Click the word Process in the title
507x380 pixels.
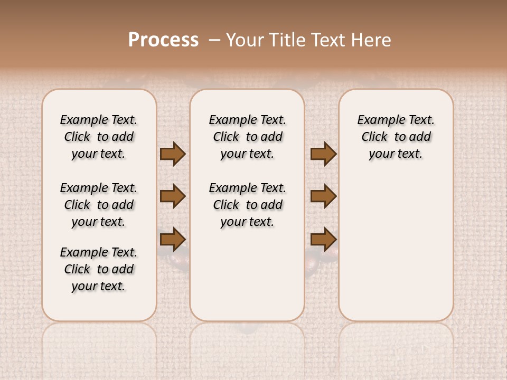click(x=163, y=40)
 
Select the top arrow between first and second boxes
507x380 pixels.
click(x=173, y=154)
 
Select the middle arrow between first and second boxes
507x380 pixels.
click(x=173, y=196)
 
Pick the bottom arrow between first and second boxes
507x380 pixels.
click(x=173, y=239)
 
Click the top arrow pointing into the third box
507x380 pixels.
click(x=323, y=154)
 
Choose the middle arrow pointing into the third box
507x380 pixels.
click(x=323, y=196)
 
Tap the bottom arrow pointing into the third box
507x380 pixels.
click(x=323, y=239)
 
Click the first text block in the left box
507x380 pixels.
click(x=99, y=137)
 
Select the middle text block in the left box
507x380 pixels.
click(x=99, y=205)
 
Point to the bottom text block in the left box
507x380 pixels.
click(x=99, y=269)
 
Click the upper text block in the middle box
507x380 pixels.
click(x=247, y=137)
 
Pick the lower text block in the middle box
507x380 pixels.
click(x=247, y=205)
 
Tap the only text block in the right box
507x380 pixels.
click(x=396, y=137)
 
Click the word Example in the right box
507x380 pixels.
click(x=378, y=120)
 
